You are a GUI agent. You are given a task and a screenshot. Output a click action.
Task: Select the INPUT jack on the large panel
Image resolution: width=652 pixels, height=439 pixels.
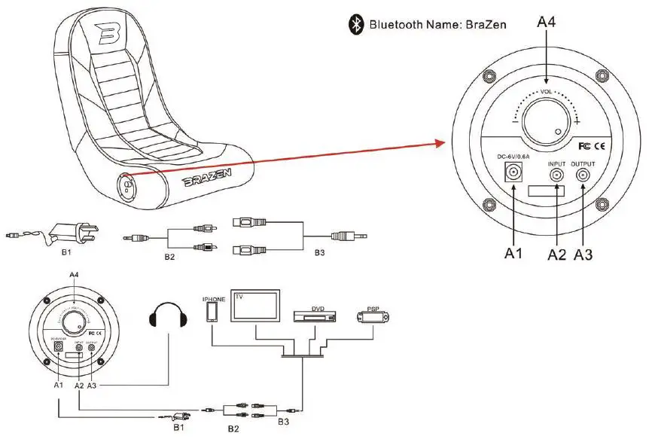[556, 175]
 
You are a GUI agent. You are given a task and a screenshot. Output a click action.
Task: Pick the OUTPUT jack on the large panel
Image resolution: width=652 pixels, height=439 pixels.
[583, 175]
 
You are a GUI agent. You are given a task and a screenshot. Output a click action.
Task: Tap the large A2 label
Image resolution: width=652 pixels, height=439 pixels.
[556, 255]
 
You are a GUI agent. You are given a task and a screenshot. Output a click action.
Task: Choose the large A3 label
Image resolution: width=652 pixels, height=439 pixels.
[583, 255]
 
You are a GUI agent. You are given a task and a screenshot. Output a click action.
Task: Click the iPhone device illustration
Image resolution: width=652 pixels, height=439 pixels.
[211, 311]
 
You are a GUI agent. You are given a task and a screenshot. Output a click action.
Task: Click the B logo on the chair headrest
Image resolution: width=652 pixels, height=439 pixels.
[109, 33]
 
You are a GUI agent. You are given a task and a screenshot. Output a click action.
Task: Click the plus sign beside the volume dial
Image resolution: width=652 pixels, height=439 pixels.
[577, 120]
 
